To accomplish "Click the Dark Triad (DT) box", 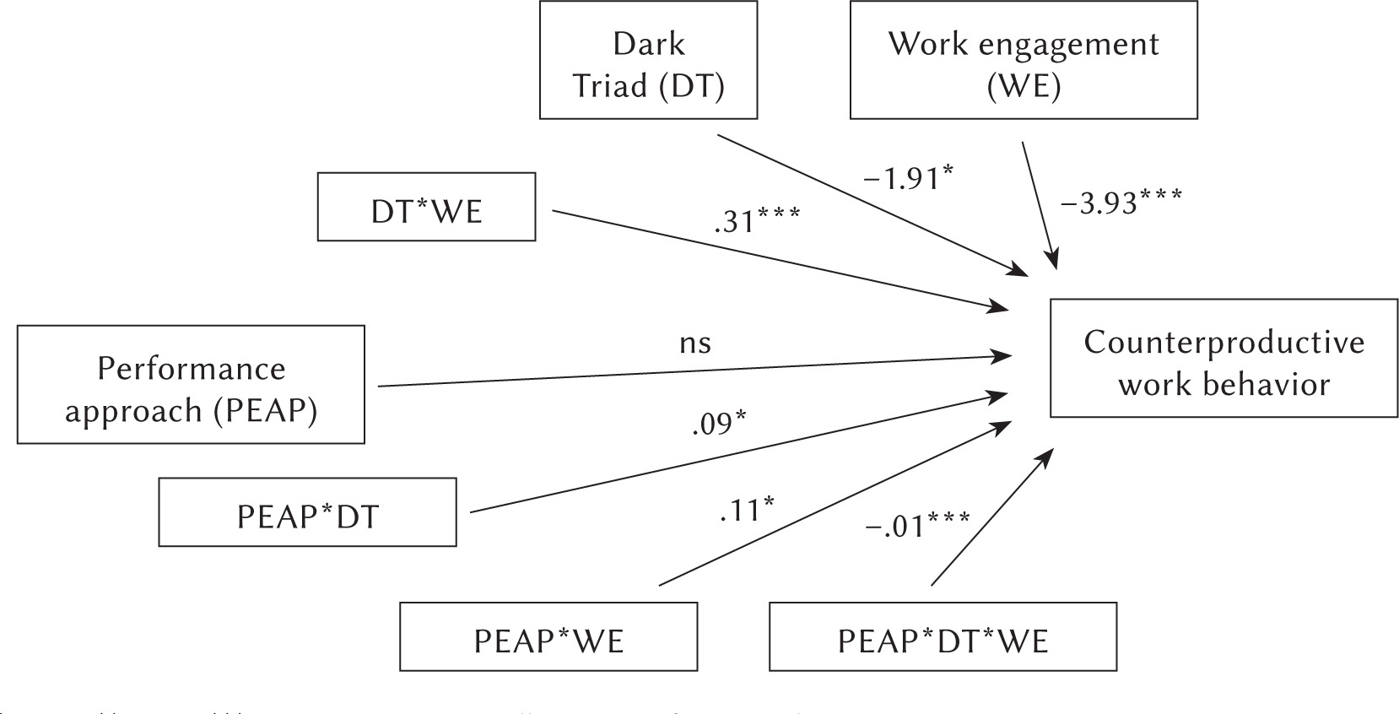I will pos(648,60).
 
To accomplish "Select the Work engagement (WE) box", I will pos(1023,60).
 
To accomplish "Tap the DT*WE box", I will pos(426,208).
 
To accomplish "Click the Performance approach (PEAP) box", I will pos(191,385).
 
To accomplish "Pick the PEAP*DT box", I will pos(307,513).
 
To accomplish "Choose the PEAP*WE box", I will pos(548,637).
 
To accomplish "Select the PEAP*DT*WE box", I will pos(943,637).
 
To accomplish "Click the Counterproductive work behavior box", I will pos(1223,359).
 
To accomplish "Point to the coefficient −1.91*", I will pos(908,178).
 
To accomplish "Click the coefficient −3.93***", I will pos(1121,202).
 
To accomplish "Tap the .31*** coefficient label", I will pos(757,221).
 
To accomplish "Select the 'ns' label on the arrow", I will pos(694,343).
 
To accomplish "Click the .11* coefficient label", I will pos(747,509).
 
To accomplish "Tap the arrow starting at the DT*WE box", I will pos(776,260).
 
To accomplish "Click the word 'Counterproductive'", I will pos(1223,343).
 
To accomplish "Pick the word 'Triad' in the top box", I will pos(609,85).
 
